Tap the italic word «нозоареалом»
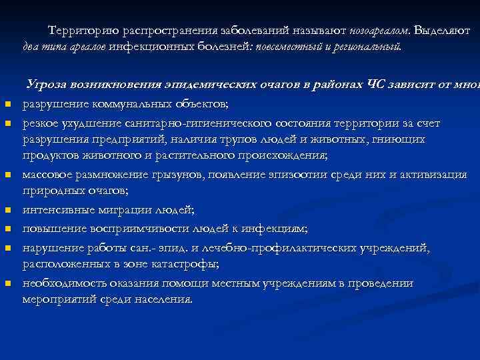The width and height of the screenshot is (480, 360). coord(380,31)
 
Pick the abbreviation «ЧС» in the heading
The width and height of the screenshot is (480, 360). coord(389,85)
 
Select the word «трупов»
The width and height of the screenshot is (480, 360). coord(218,139)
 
